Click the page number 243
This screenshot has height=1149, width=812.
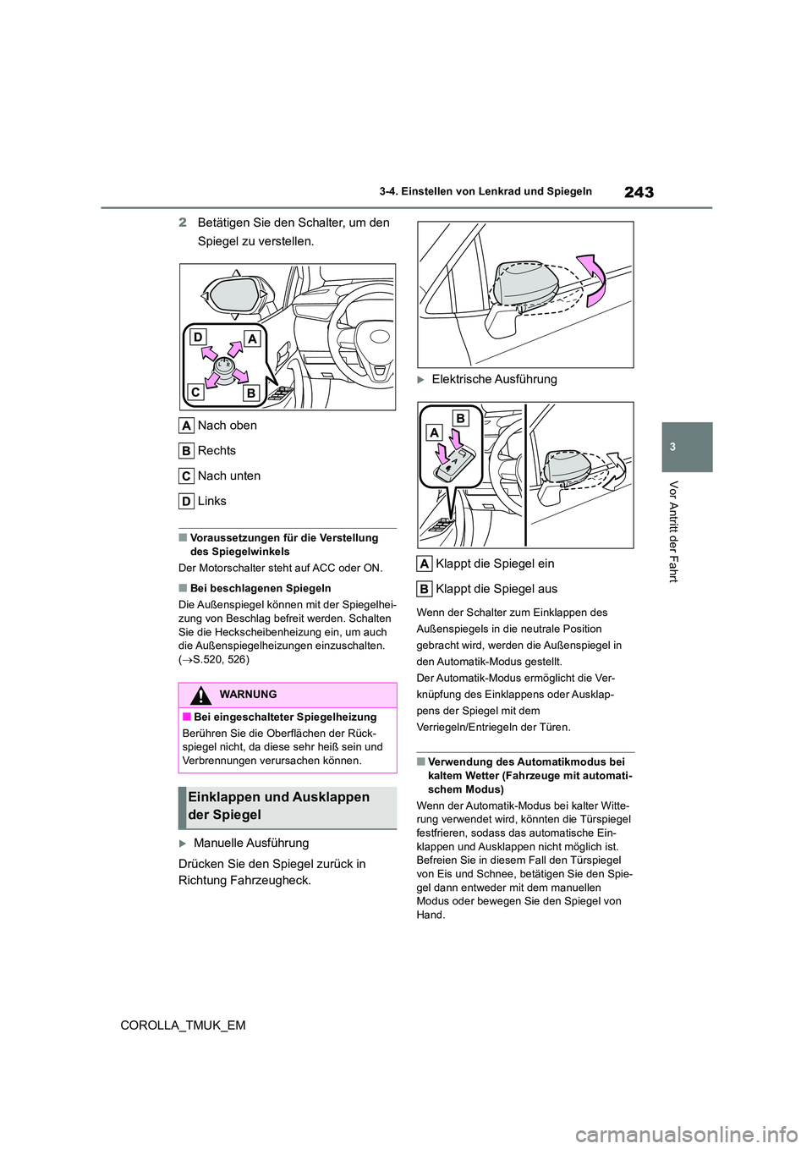pos(639,192)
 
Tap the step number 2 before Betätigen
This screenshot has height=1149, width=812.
pos(183,223)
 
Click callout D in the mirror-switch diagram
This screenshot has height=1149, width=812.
pos(198,338)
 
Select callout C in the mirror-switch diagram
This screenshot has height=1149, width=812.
pos(196,393)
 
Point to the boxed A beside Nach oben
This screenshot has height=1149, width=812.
pos(187,426)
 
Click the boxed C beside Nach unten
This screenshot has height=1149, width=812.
pos(187,476)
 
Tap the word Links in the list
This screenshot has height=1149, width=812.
pos(211,501)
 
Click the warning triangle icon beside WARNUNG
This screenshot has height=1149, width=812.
pos(200,695)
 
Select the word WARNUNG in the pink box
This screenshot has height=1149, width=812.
pos(248,695)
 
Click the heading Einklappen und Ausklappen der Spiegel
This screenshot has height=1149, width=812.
pos(279,806)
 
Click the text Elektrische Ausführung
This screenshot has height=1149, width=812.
pos(494,379)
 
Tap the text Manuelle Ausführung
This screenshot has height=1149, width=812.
pos(251,843)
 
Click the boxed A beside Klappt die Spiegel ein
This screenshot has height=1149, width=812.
pos(425,564)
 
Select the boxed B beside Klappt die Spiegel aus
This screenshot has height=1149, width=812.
pos(425,589)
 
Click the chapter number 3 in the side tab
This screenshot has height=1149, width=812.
pos(688,446)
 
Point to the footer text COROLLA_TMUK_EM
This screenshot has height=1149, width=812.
pos(184,1025)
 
